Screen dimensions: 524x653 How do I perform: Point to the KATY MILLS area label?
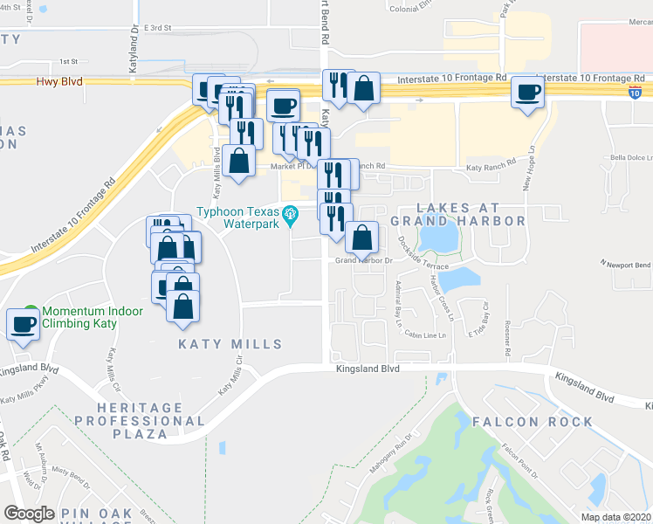point(230,344)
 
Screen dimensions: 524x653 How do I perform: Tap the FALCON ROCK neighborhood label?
point(533,422)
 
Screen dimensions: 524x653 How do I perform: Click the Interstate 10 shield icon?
point(635,92)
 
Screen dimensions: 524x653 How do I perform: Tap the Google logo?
point(29,514)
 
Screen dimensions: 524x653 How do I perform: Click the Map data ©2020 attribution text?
point(615,517)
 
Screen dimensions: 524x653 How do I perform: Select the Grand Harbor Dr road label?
point(360,260)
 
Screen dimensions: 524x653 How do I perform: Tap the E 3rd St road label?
point(159,28)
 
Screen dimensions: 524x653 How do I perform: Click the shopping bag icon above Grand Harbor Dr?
point(362,237)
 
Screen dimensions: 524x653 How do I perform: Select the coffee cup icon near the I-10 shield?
point(526,92)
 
